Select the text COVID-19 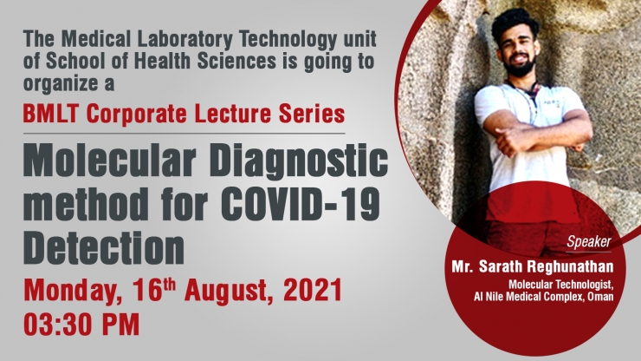coord(302,204)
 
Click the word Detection coord(104,247)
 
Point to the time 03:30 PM coord(81,325)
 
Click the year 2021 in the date coord(313,290)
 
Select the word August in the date coord(229,292)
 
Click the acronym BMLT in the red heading coord(51,114)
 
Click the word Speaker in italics coord(589,242)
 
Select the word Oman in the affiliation coord(600,297)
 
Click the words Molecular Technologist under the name coord(561,285)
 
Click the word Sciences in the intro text coord(236,61)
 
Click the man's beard coord(519,68)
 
